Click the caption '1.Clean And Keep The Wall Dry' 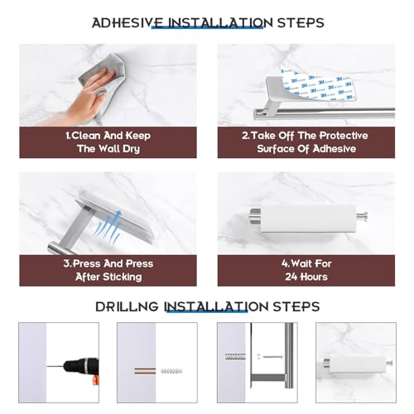click(x=108, y=142)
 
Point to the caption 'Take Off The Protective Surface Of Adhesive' click(x=306, y=142)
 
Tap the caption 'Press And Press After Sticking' click(x=108, y=270)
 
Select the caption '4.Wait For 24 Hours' click(x=306, y=270)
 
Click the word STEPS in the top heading click(x=294, y=22)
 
